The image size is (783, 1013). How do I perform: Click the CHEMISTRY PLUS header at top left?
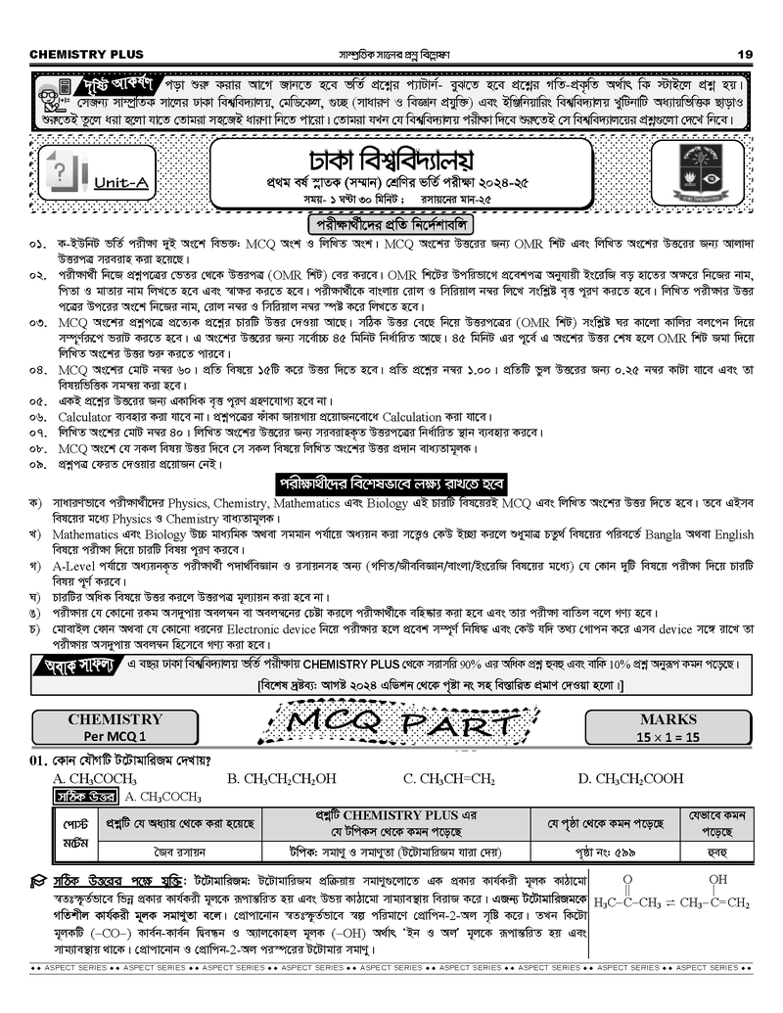tap(87, 53)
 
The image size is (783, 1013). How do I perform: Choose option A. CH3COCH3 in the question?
tap(96, 779)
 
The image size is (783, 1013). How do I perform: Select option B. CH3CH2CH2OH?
tap(282, 779)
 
